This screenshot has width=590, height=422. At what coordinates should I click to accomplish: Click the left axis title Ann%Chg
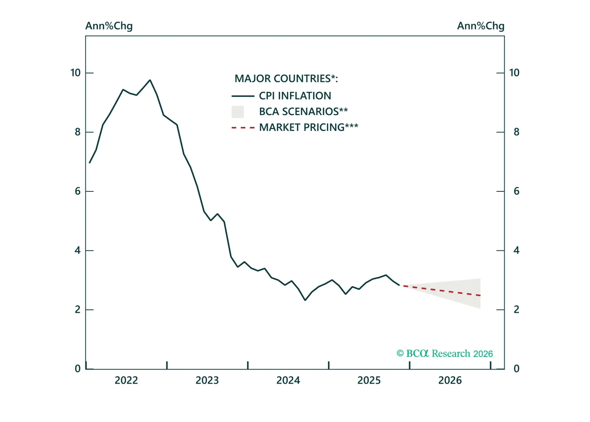(109, 26)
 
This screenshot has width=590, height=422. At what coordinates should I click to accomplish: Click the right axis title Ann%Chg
(480, 26)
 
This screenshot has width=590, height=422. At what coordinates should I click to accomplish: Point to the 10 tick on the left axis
(76, 73)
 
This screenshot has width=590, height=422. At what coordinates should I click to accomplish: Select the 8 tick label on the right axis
(516, 132)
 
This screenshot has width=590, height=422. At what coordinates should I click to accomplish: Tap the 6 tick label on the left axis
(78, 191)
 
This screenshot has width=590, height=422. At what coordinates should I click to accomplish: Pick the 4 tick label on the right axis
(516, 250)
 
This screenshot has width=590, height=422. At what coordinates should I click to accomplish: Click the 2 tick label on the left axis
(78, 309)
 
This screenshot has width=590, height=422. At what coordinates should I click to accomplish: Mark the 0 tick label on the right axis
(516, 369)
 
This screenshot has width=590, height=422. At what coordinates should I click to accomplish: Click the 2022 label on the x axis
(126, 380)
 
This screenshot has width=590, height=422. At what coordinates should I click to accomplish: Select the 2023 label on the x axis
(207, 380)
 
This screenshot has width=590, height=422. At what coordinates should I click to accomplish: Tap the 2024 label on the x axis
(288, 380)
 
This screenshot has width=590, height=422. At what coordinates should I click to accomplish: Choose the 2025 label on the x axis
(369, 380)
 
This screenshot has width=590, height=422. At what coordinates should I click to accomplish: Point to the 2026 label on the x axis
(450, 380)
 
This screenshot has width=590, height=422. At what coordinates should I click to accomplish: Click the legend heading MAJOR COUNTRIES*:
(286, 79)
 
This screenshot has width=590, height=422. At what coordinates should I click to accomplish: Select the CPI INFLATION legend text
(295, 96)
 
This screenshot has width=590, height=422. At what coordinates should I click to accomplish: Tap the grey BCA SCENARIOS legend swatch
(238, 112)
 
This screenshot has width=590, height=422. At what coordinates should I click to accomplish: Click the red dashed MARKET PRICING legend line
(243, 128)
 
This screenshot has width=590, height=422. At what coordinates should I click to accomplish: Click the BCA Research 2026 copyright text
(444, 353)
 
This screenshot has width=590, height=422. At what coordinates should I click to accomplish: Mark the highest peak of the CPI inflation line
(150, 80)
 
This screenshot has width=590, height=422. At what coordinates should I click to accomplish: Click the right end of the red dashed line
(480, 295)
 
